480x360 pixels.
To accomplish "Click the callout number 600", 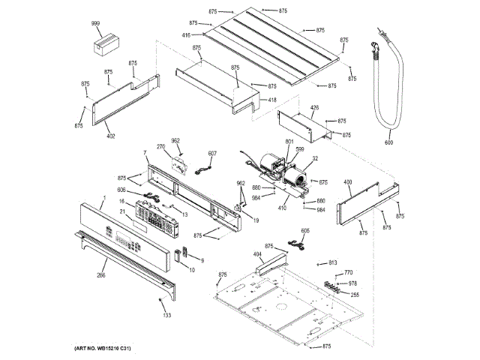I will pyautogui.click(x=388, y=142).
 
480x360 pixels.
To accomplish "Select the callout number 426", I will pyautogui.click(x=314, y=107).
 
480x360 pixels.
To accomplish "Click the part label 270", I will pyautogui.click(x=160, y=146).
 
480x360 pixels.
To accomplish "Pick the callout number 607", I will pyautogui.click(x=212, y=154).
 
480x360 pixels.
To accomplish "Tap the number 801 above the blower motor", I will pyautogui.click(x=289, y=142).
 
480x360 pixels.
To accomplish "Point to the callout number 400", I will pyautogui.click(x=347, y=182).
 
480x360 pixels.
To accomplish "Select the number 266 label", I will pyautogui.click(x=100, y=275).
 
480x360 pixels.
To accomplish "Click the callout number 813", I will pyautogui.click(x=333, y=262).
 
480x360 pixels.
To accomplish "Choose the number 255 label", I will pyautogui.click(x=355, y=294).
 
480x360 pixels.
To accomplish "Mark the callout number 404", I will pyautogui.click(x=258, y=255).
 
